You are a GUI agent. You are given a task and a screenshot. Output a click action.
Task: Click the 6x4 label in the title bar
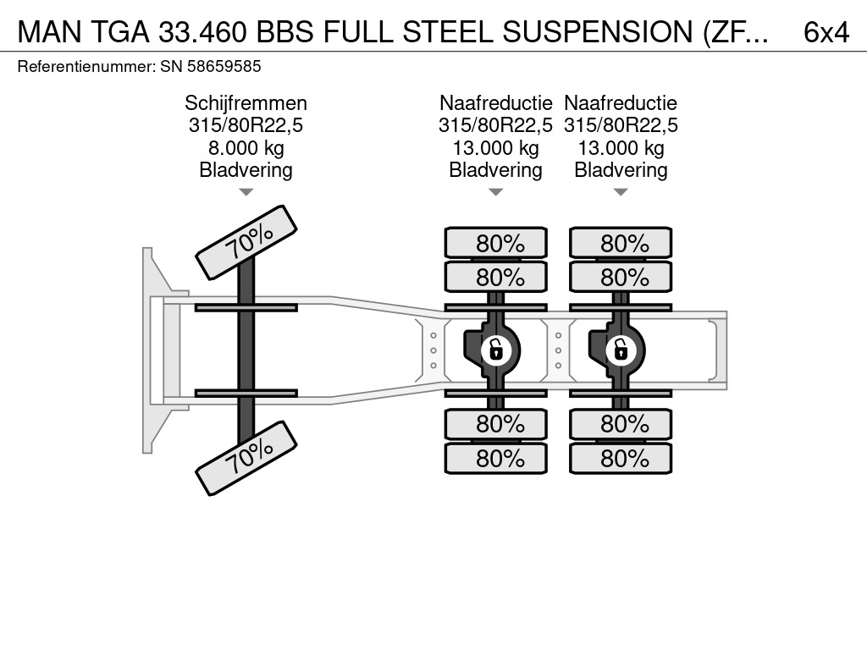[826, 31]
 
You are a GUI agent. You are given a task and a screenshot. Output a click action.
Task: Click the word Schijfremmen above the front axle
[246, 103]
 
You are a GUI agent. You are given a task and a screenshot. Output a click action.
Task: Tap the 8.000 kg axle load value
[246, 148]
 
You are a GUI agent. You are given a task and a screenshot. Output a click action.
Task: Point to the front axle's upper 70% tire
[246, 242]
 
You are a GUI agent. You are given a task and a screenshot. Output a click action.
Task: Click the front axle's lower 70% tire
[246, 459]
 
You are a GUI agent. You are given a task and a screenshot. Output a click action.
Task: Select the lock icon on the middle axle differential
[495, 349]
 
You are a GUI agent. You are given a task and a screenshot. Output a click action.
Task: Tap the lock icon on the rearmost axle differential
[621, 349]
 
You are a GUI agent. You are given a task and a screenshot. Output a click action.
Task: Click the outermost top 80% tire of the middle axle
[495, 244]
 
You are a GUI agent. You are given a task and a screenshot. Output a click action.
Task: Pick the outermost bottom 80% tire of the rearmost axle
[621, 459]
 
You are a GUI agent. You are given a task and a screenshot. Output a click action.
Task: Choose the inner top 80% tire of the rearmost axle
[621, 278]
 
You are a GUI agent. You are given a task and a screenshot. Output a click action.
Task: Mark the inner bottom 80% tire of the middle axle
[495, 423]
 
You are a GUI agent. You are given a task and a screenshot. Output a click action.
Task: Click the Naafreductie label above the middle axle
[495, 103]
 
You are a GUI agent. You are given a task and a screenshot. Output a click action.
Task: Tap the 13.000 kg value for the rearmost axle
[621, 148]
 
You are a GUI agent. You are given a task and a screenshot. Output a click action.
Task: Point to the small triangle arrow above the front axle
[246, 192]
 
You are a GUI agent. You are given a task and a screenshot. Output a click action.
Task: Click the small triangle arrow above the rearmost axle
[621, 192]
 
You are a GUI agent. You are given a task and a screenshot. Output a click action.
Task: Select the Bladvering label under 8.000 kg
[246, 170]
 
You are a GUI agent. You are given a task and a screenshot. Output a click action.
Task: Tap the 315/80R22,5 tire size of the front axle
[246, 126]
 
